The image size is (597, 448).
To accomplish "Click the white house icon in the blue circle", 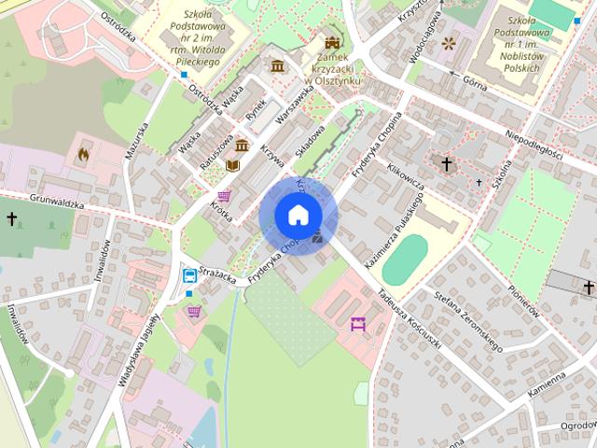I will pos(298,215).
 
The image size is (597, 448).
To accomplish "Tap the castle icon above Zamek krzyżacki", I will pos(331,42).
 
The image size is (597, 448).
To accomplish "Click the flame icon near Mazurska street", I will pos(83,154).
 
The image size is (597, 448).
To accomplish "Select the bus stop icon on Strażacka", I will pos(189,275).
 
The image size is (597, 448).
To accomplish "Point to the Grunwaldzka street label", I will pos(56,201).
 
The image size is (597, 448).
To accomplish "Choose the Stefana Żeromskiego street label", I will pos(469,321).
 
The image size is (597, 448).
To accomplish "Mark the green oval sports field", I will pos(405,259).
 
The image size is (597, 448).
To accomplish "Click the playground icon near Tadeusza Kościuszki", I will pos(357,324).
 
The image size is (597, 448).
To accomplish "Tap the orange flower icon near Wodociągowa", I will pos(449,42).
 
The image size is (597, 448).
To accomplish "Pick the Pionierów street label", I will pos(523,303).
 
